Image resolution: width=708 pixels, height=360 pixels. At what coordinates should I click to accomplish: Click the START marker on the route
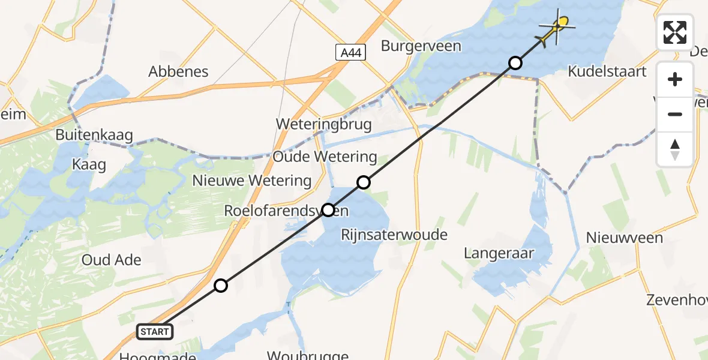pos(155,331)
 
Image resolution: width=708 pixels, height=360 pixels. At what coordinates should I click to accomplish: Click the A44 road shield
pos(349,53)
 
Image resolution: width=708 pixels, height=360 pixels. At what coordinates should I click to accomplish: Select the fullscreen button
pos(675,32)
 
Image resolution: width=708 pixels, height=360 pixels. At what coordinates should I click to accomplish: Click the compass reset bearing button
pos(675,149)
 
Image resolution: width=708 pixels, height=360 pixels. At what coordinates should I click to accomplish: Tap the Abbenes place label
pos(179,72)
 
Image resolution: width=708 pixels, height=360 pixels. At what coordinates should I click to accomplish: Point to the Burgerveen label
pos(421,46)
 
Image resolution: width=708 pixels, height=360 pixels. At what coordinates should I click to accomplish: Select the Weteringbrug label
pos(324,124)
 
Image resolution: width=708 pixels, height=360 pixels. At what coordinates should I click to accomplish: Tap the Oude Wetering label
pos(325,157)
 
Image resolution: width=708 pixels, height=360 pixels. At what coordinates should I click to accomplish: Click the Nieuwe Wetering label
pos(252,181)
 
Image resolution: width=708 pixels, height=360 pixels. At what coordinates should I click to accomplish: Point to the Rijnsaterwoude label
pos(394,234)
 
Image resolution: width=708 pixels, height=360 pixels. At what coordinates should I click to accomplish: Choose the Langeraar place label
pos(499,253)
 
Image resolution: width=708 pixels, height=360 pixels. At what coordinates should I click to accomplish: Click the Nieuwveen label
pos(625,238)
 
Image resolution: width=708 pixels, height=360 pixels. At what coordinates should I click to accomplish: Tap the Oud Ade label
pos(112,260)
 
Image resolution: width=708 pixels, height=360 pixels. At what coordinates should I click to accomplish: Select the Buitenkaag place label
pos(94,136)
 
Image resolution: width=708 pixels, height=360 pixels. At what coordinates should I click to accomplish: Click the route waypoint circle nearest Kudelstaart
pos(515,62)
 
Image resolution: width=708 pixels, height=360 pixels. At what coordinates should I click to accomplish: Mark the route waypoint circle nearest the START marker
pos(221,286)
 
